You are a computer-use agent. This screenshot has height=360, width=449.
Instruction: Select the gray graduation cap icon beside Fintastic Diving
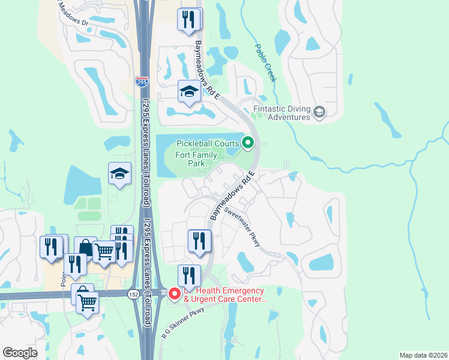[x=319, y=111]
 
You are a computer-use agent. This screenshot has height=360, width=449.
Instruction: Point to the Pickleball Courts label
[x=207, y=143]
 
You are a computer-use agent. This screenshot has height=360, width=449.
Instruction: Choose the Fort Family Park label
[x=196, y=158]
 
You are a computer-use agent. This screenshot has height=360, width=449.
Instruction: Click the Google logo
[x=20, y=353]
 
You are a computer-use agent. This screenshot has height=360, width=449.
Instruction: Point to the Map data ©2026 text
[x=423, y=355]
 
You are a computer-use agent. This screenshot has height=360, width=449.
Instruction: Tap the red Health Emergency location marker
[x=175, y=293]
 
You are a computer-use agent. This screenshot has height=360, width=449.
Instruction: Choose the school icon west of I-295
[x=119, y=174]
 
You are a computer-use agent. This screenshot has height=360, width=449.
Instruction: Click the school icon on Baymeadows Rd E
[x=189, y=92]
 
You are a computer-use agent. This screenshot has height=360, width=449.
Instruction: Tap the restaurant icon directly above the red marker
[x=189, y=275]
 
